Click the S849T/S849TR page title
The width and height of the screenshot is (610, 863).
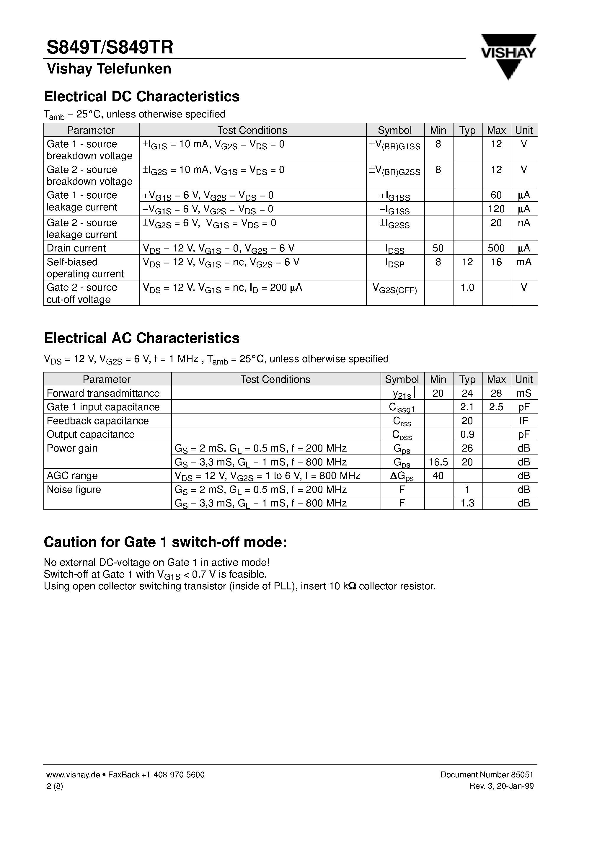tap(110, 48)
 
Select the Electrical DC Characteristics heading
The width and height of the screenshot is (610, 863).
tap(141, 97)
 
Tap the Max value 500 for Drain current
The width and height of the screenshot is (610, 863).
tap(496, 248)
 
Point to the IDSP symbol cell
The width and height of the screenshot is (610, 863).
tap(394, 263)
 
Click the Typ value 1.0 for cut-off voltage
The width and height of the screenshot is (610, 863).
tap(467, 288)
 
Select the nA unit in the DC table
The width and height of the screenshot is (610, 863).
tap(524, 223)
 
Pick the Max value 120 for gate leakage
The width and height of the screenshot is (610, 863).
tap(496, 209)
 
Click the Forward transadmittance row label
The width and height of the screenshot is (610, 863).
tap(103, 393)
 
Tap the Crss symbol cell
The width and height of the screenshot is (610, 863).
tap(402, 421)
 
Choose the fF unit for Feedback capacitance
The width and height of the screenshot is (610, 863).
tap(524, 421)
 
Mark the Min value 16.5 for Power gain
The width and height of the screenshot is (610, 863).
tap(438, 462)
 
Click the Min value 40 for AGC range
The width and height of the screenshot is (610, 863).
tap(438, 476)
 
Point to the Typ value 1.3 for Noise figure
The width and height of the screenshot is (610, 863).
tap(467, 503)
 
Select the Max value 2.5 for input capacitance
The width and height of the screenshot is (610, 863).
tap(496, 407)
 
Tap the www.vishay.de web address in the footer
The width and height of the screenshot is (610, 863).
tap(73, 775)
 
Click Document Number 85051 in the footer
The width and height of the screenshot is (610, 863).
tap(487, 775)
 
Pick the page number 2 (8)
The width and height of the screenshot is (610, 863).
tap(55, 786)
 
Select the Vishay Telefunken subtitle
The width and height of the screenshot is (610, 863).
tap(109, 69)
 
